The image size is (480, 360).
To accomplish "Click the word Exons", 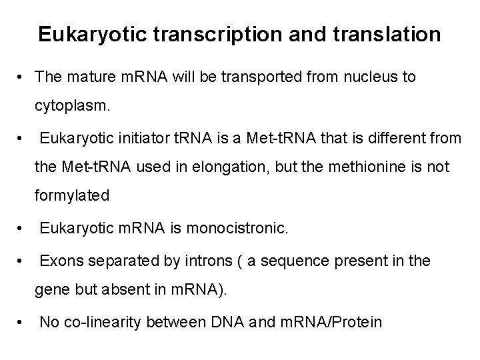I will pyautogui.click(x=59, y=261).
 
